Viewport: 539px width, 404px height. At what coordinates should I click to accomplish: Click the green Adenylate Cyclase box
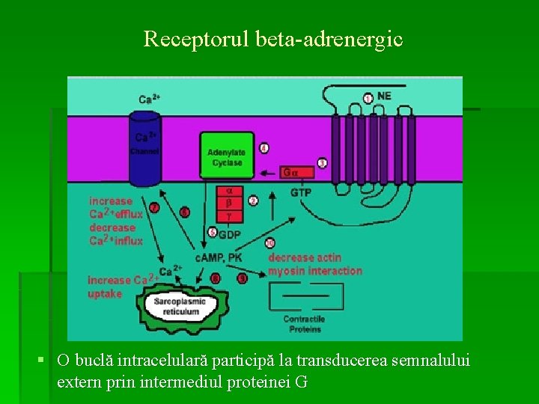(226, 156)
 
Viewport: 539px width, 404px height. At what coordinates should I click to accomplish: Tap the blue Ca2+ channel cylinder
(144, 148)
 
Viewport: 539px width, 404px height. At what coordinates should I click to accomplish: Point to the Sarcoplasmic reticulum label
(176, 306)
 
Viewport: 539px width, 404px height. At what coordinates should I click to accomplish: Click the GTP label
(301, 192)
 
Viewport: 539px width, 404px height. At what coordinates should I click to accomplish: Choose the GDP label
(229, 234)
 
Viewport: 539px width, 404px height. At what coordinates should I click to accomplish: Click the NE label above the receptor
(384, 96)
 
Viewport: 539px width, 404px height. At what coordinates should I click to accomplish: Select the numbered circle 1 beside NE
(368, 97)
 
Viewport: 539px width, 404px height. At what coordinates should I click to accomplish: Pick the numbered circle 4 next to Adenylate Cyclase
(264, 148)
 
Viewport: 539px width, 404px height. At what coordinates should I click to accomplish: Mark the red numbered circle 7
(154, 207)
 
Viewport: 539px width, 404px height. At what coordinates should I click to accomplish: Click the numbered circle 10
(269, 243)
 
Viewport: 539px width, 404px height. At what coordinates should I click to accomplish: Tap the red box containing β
(228, 203)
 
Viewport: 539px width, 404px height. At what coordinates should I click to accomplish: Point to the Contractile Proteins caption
(303, 324)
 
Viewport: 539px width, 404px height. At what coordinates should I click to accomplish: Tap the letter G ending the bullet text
(301, 382)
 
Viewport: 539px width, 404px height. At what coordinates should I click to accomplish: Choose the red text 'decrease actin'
(305, 257)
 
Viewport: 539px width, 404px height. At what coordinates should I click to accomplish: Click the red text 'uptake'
(105, 294)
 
